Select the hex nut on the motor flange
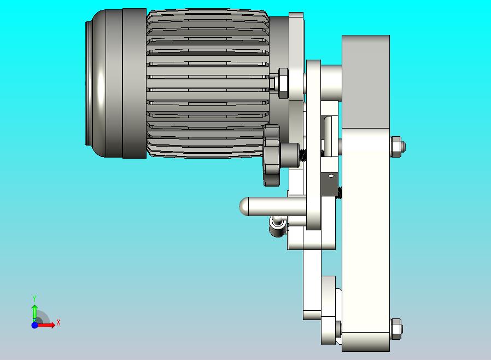point(283,83)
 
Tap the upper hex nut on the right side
point(398,147)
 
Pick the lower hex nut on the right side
point(398,329)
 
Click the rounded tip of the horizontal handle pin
point(244,207)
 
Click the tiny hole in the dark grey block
point(330,177)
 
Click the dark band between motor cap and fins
point(134,83)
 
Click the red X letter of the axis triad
point(58,323)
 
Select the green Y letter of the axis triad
point(34,298)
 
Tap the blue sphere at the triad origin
point(34,325)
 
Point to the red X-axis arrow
point(47,325)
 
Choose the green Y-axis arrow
point(34,311)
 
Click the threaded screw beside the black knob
point(300,156)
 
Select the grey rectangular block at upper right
point(365,82)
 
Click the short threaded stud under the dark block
point(339,193)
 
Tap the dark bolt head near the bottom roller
point(338,329)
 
